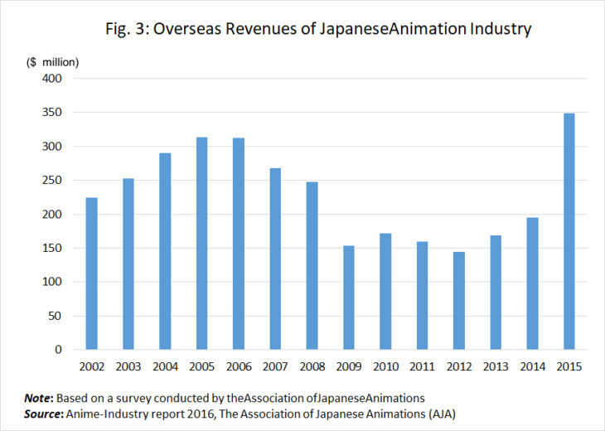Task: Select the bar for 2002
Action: click(92, 274)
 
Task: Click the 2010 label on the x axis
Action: click(385, 366)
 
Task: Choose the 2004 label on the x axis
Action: click(165, 366)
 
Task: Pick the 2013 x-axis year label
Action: click(496, 366)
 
